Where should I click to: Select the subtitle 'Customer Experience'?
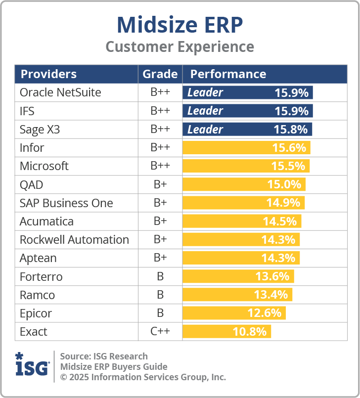pos(180,47)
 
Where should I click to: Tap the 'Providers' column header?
pos(48,74)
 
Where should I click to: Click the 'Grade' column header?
pos(160,74)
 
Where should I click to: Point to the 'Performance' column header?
pos(228,74)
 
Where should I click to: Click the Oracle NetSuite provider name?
pos(60,92)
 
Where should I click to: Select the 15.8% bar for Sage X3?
pos(247,130)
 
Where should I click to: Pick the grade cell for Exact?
pos(160,331)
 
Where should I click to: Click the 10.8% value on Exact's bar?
pos(250,331)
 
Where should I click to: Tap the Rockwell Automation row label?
pos(74,240)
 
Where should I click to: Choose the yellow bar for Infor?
pos(246,148)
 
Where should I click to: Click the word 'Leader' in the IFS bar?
pos(205,111)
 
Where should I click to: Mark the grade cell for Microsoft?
pos(160,166)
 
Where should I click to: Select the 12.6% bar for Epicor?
pos(234,313)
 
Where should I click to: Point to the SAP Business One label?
pos(66,203)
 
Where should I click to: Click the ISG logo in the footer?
pos(32,366)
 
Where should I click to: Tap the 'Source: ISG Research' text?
pos(104,356)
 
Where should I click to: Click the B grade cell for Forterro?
pos(160,276)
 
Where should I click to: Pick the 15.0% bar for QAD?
pos(244,184)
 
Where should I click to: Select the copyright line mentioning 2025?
pos(143,377)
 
